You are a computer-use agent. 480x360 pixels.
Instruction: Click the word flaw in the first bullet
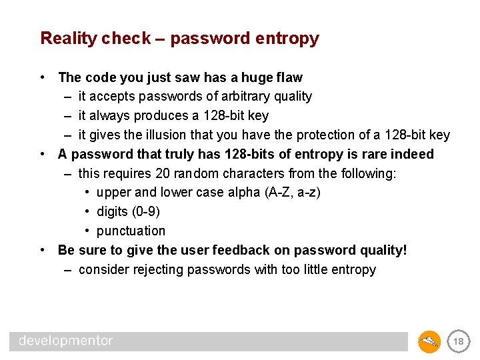pyautogui.click(x=288, y=77)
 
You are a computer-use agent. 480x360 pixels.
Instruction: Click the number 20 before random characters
pyautogui.click(x=162, y=174)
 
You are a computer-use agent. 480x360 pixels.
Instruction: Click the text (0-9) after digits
pyautogui.click(x=146, y=212)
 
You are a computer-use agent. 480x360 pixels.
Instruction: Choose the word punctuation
pyautogui.click(x=131, y=231)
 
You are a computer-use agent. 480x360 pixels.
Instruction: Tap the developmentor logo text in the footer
pyautogui.click(x=66, y=341)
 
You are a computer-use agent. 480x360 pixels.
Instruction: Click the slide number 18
pyautogui.click(x=458, y=341)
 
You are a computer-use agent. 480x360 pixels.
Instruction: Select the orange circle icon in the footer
pyautogui.click(x=429, y=341)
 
